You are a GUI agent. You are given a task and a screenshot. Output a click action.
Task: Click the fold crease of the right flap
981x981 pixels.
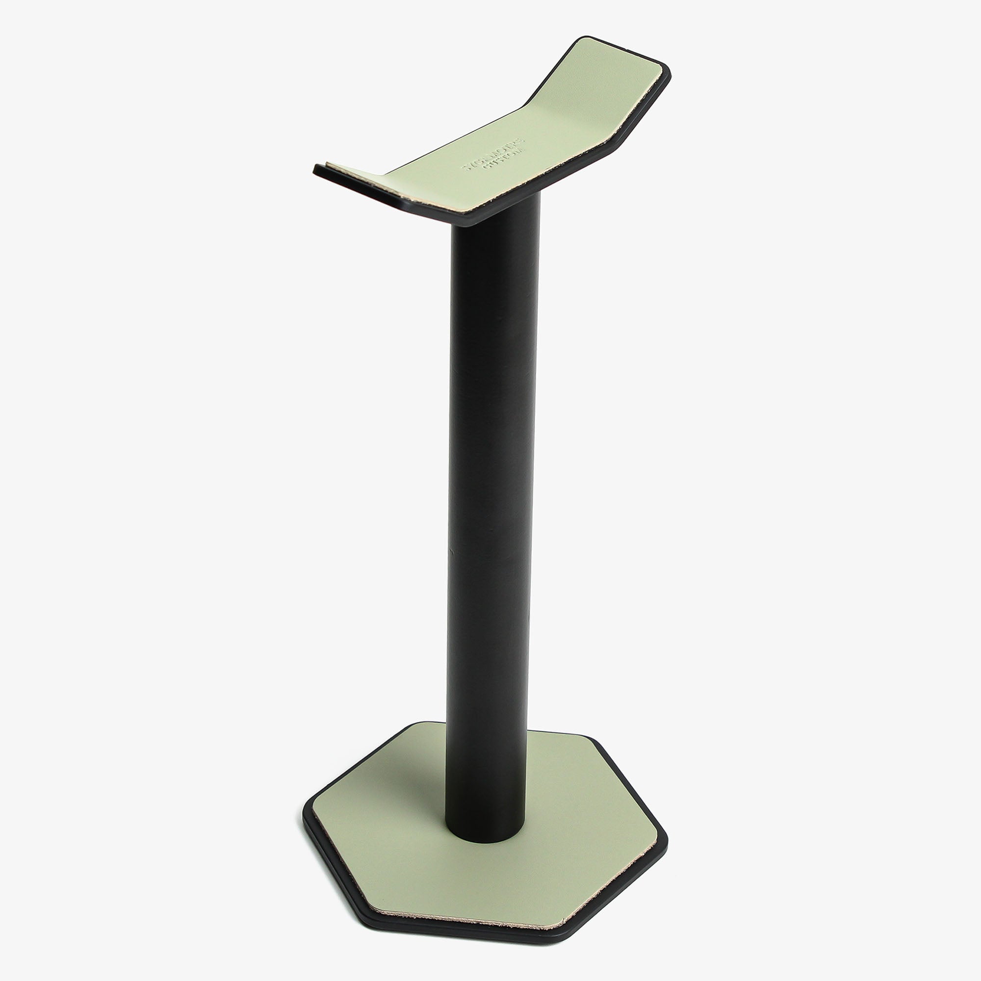[528, 109]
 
